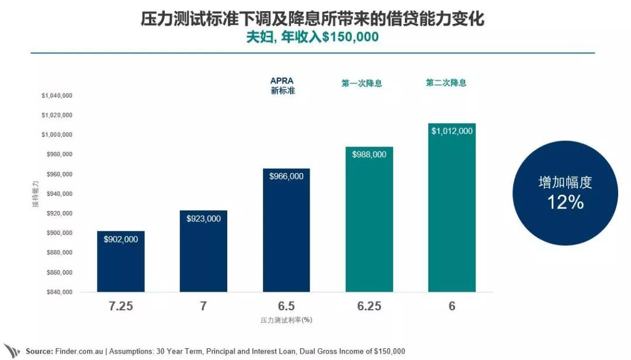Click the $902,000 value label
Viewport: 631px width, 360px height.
click(120, 239)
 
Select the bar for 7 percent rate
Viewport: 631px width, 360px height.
click(203, 257)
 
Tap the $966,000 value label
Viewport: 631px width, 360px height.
click(286, 176)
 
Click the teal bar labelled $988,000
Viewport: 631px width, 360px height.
click(369, 228)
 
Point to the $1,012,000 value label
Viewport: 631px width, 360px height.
click(452, 131)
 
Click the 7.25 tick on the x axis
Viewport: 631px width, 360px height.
click(120, 306)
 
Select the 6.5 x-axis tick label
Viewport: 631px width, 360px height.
click(286, 306)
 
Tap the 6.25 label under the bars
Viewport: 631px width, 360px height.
click(369, 306)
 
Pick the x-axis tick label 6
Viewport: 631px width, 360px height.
click(452, 306)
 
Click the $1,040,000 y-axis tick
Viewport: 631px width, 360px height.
click(57, 95)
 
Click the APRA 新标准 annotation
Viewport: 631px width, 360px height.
click(282, 86)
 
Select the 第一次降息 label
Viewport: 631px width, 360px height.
click(362, 83)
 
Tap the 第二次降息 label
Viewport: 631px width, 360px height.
click(446, 82)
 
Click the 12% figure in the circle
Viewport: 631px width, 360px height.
click(565, 202)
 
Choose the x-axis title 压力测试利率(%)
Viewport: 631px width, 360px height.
click(286, 320)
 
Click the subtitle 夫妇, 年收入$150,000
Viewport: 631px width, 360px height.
click(312, 37)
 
